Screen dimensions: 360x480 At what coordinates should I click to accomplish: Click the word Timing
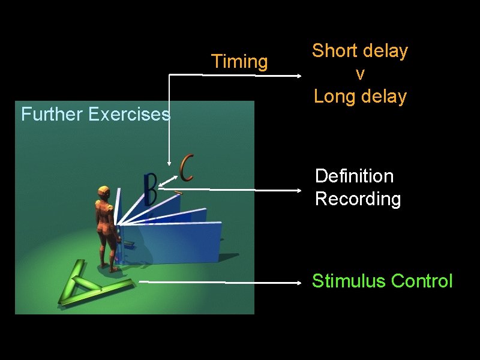point(239,62)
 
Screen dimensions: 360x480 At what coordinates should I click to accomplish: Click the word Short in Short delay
point(334,51)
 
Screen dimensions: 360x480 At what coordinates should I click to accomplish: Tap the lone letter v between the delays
point(359,74)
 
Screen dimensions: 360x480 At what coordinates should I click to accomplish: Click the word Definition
point(354,176)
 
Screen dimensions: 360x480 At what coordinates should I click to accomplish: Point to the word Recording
point(358,199)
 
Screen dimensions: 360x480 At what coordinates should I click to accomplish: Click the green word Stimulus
point(349,281)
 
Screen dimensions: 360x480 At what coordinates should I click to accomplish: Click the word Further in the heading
point(52,114)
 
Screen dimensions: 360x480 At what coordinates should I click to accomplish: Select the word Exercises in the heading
point(128,114)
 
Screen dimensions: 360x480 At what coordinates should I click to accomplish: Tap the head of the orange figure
point(103,193)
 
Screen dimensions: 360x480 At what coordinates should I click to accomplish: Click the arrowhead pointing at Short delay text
point(299,76)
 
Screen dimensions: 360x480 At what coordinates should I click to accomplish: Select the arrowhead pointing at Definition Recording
point(300,190)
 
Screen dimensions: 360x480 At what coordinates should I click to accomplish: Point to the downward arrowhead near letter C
point(170,161)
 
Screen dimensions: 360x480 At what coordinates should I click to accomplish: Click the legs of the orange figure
point(108,252)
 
